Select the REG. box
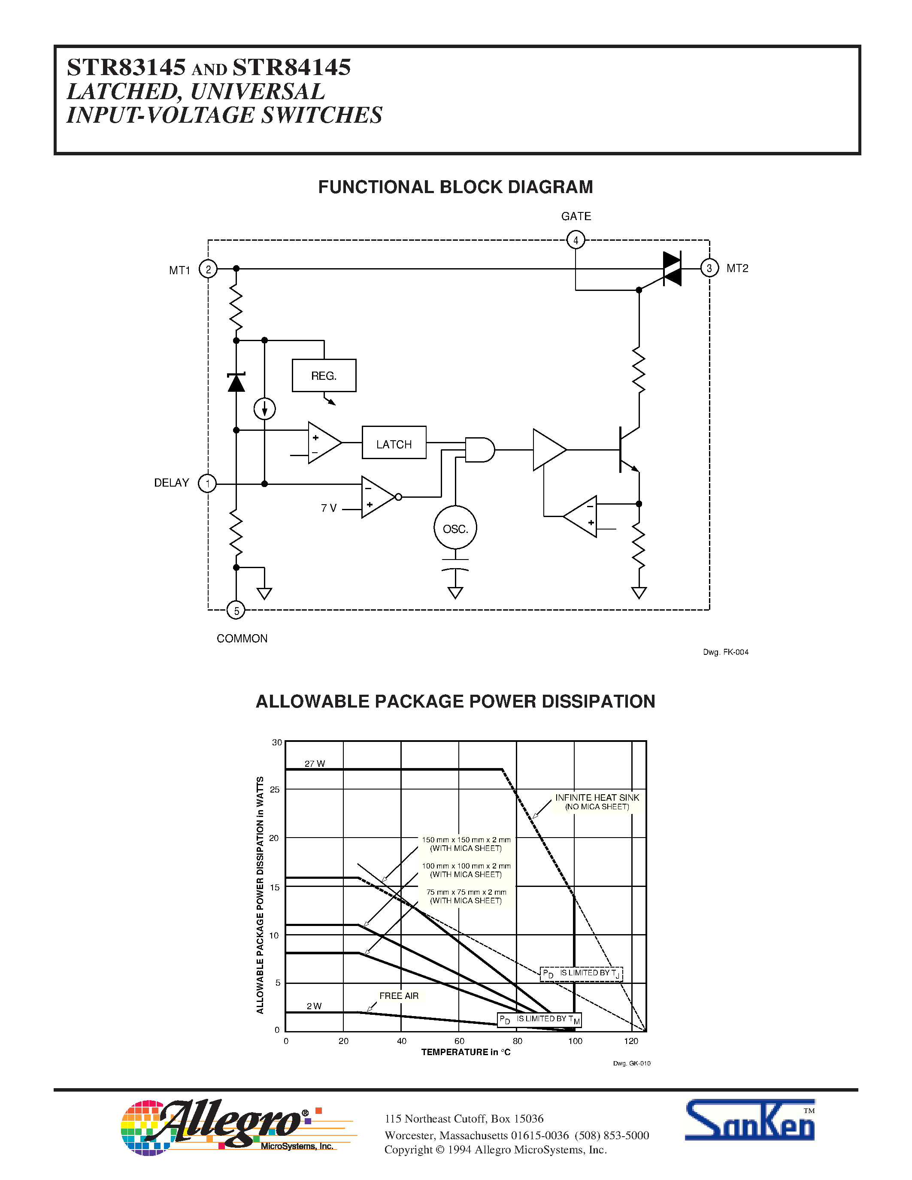(324, 375)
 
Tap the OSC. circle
(455, 528)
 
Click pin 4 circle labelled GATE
(576, 240)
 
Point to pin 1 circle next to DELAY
(207, 483)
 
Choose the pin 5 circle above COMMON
(236, 611)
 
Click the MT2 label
(737, 269)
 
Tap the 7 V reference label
(328, 508)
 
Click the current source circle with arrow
(264, 409)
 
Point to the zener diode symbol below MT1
(236, 382)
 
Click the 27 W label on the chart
(315, 763)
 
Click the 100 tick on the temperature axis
(575, 1041)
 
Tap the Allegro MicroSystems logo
(227, 1128)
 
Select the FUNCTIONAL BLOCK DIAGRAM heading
(455, 187)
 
